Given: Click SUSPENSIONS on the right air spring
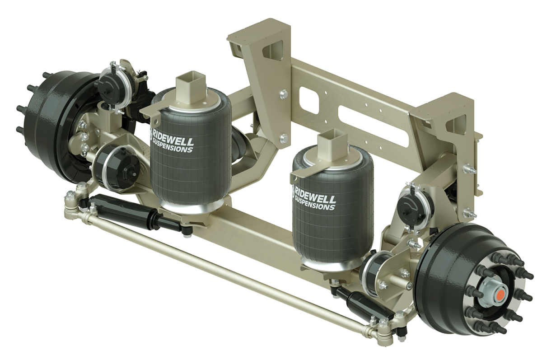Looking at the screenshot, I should (x=315, y=204).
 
